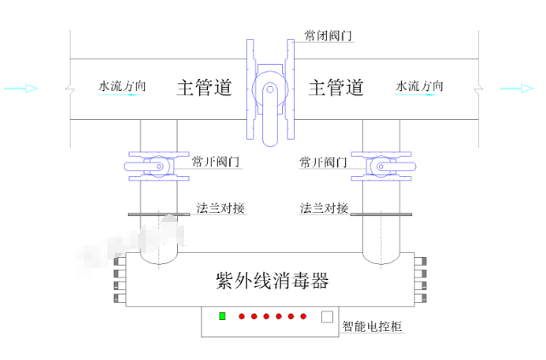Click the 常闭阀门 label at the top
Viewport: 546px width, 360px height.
tap(328, 36)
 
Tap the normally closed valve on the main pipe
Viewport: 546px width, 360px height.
tap(269, 89)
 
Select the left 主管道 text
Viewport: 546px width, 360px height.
tap(204, 88)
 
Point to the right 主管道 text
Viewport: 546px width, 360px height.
tap(336, 88)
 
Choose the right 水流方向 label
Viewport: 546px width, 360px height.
tap(420, 86)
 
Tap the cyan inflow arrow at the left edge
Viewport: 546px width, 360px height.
tap(20, 88)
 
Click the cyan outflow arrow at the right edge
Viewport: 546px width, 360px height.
tap(517, 88)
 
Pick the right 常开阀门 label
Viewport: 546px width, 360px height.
tap(324, 162)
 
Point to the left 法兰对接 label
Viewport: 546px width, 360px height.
tap(220, 208)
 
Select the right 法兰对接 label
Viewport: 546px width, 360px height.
tap(324, 208)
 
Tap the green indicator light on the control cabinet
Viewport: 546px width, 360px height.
tap(222, 317)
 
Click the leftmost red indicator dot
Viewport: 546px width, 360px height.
tap(242, 317)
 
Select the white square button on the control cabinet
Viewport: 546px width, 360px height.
tap(326, 317)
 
